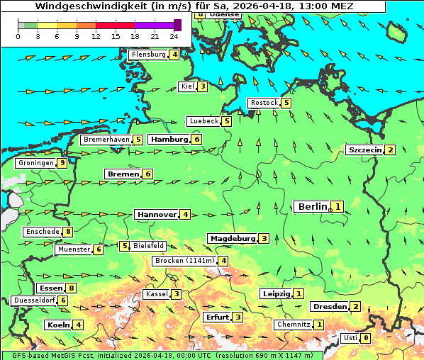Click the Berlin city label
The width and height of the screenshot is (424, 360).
tap(312, 206)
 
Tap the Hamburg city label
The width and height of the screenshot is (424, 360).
tap(168, 140)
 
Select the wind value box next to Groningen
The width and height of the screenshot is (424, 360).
tap(62, 163)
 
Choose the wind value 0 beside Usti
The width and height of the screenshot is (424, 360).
tap(365, 338)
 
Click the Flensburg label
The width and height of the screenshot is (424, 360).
tap(148, 55)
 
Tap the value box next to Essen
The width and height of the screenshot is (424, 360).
tap(71, 288)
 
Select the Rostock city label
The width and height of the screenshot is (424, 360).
tap(264, 103)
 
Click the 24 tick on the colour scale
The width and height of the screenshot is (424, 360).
tap(174, 36)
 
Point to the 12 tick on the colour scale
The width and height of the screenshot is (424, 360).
tap(96, 36)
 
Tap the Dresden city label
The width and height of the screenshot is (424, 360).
tap(329, 307)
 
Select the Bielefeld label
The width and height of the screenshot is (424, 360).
tap(149, 246)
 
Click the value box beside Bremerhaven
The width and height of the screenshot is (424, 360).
tap(138, 140)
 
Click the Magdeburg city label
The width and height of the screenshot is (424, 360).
tap(232, 238)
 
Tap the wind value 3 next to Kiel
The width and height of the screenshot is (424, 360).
tap(202, 87)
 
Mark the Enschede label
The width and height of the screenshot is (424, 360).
tap(42, 232)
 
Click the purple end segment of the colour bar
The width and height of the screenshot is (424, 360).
tap(177, 25)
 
